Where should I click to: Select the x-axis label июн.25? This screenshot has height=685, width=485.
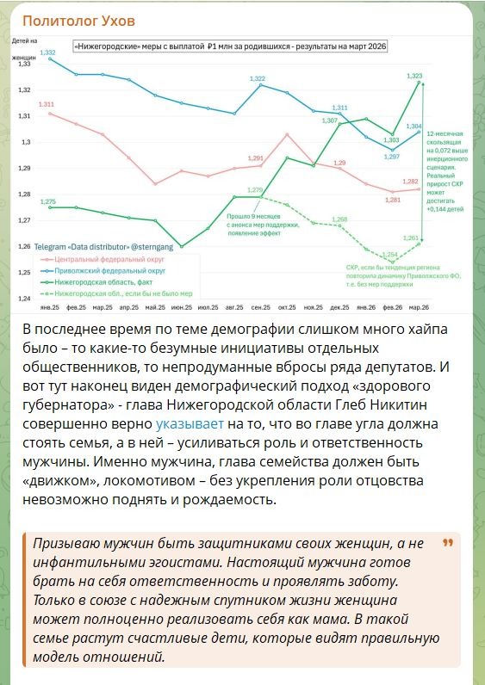click(181, 307)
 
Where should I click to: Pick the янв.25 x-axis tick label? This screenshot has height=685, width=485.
click(49, 307)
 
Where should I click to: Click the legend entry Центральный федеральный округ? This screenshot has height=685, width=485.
click(99, 257)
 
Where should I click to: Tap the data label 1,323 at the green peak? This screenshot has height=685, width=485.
click(414, 77)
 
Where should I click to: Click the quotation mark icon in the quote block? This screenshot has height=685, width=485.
click(447, 544)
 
